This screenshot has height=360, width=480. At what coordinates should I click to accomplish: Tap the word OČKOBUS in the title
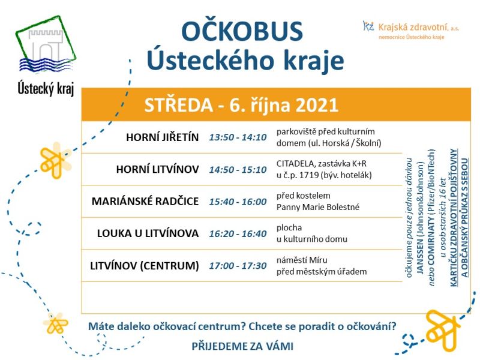click(x=242, y=31)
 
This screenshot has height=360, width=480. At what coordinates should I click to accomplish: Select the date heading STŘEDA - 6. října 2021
click(x=241, y=104)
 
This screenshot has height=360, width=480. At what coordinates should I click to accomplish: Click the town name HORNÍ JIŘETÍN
click(x=162, y=137)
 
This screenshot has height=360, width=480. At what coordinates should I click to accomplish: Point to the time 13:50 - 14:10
click(x=238, y=137)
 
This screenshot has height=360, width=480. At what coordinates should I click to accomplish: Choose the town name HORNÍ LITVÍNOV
click(x=157, y=169)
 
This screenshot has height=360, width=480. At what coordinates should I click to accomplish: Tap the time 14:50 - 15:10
click(x=238, y=170)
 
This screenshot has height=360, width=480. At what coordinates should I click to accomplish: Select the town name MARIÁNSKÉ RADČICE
click(x=145, y=201)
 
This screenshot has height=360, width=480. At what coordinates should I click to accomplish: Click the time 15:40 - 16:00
click(x=238, y=202)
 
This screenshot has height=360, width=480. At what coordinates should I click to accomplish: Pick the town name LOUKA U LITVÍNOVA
click(x=148, y=233)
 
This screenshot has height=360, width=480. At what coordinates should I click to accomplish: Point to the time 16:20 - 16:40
click(x=238, y=233)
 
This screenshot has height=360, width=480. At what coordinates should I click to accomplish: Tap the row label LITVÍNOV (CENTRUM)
click(x=145, y=265)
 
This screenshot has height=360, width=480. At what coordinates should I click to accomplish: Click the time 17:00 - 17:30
click(x=238, y=266)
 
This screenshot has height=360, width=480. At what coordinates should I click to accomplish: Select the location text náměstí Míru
click(x=302, y=260)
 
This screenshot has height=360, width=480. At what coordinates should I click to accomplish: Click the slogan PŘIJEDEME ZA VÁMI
click(x=242, y=346)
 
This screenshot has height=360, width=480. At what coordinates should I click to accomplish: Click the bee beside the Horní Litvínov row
click(x=55, y=160)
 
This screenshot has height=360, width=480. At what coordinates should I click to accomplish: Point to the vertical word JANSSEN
click(x=420, y=259)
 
